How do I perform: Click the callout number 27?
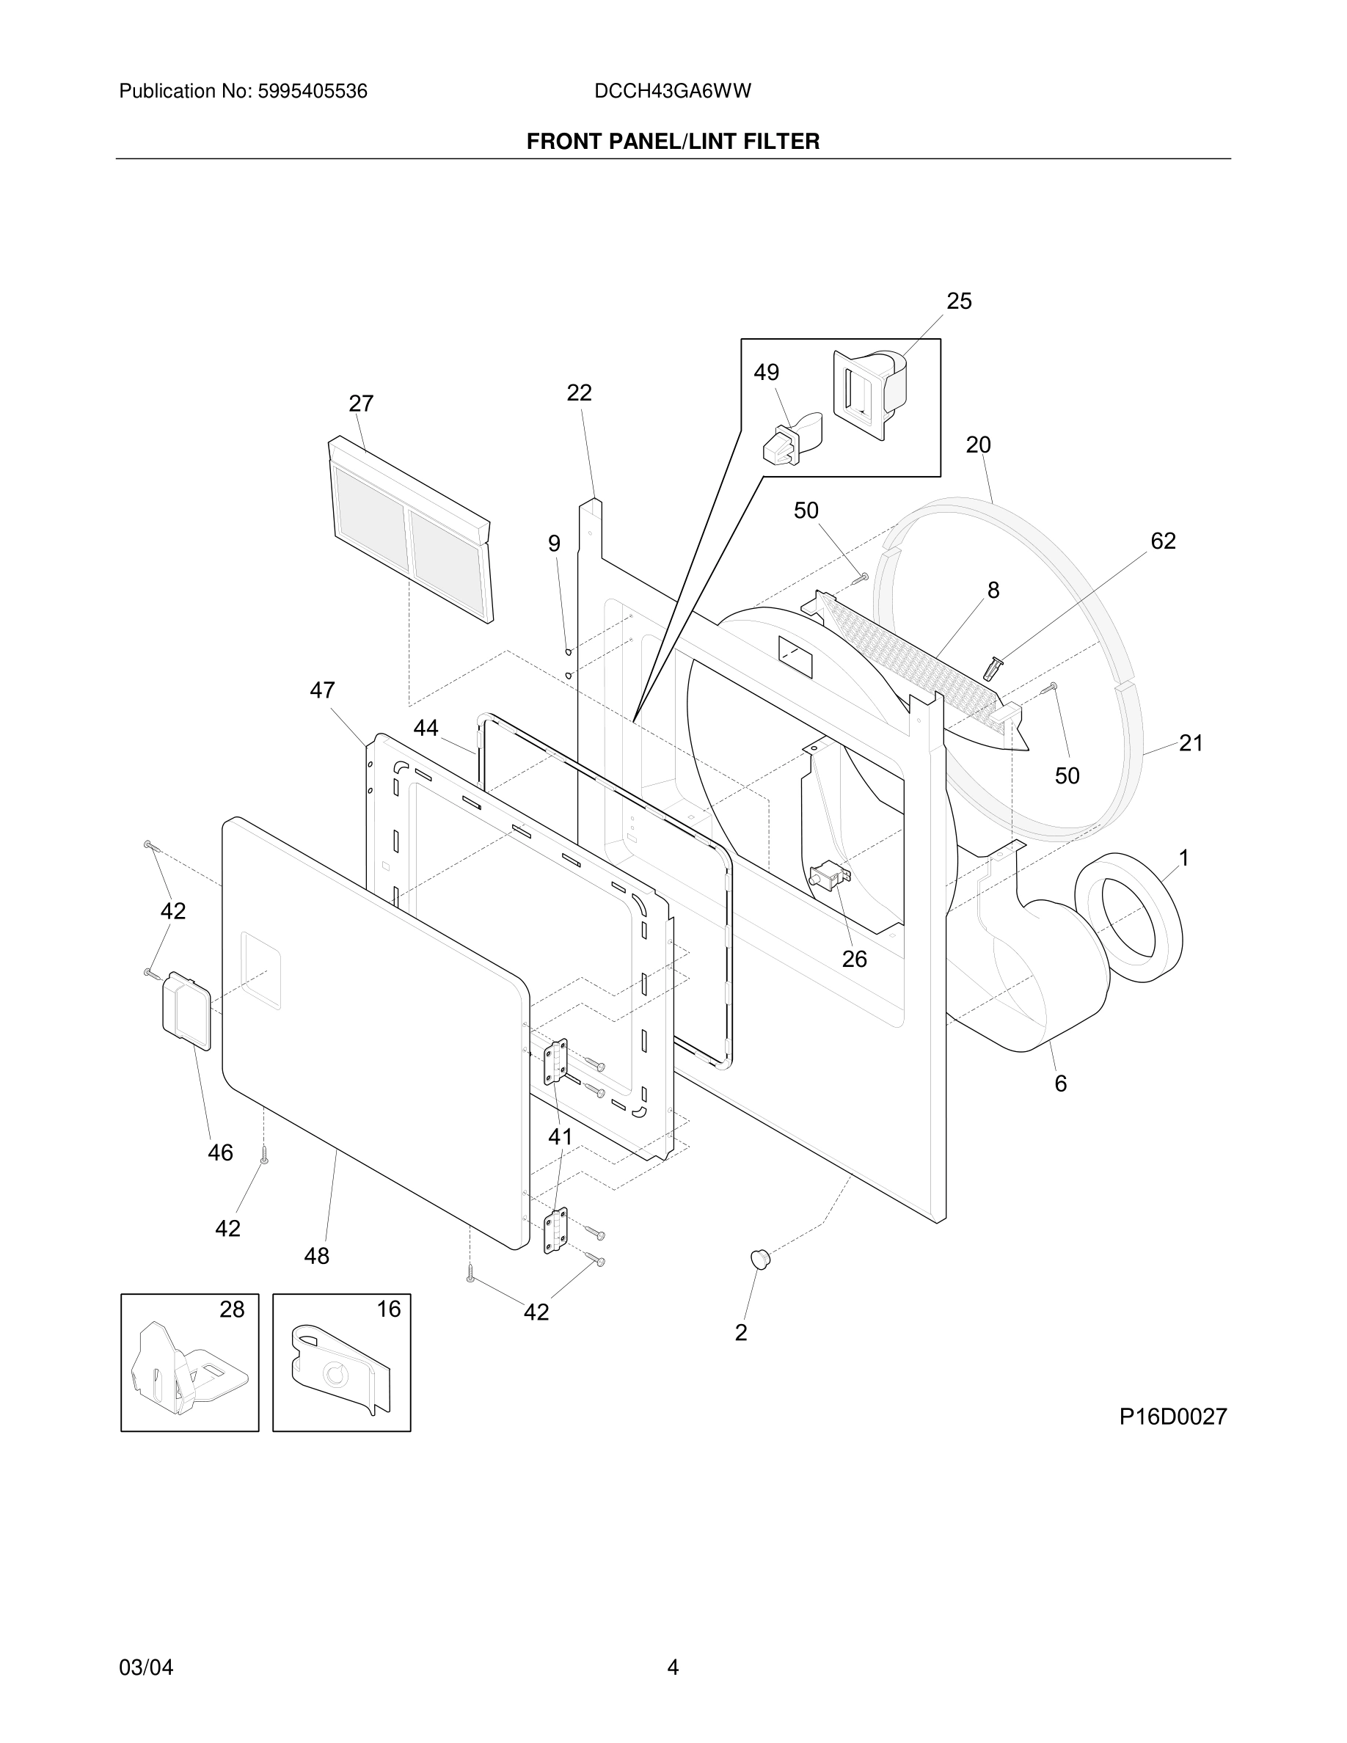point(362,403)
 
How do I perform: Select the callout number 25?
point(959,301)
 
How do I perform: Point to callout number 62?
point(1163,541)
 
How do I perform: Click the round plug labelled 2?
point(762,1260)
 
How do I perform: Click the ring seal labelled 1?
point(1128,917)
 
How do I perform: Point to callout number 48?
point(317,1256)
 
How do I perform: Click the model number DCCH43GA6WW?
point(673,92)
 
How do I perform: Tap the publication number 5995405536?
point(312,92)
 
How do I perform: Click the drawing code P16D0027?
point(1172,1417)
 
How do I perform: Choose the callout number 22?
point(580,392)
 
